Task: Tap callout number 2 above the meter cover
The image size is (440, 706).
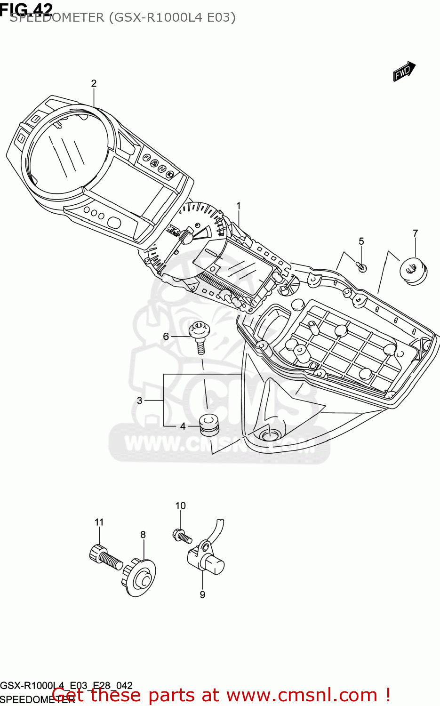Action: tap(94, 83)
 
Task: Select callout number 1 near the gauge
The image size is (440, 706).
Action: tap(239, 206)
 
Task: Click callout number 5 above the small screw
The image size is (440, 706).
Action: tap(361, 241)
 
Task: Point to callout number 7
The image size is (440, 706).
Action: tap(415, 233)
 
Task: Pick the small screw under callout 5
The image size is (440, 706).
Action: tap(362, 267)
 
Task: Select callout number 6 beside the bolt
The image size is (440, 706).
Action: tap(166, 336)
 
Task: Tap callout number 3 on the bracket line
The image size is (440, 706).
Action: tap(139, 401)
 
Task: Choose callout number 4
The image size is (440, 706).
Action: tap(183, 426)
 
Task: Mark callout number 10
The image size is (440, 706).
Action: tap(180, 505)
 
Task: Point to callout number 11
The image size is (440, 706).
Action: tap(99, 522)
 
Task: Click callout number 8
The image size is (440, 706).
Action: tap(143, 535)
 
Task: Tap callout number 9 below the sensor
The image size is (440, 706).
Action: tap(202, 594)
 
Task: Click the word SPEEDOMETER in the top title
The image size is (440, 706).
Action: tap(57, 17)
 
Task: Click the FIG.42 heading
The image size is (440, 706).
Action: tap(26, 8)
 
